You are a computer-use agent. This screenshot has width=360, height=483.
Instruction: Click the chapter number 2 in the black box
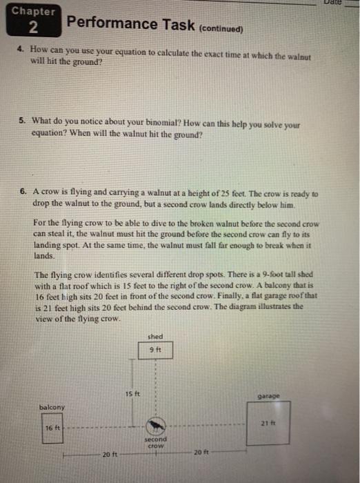click(33, 28)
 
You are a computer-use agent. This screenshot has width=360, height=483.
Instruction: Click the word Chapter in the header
click(33, 12)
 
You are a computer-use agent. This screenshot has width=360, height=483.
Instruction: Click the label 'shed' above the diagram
click(156, 337)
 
